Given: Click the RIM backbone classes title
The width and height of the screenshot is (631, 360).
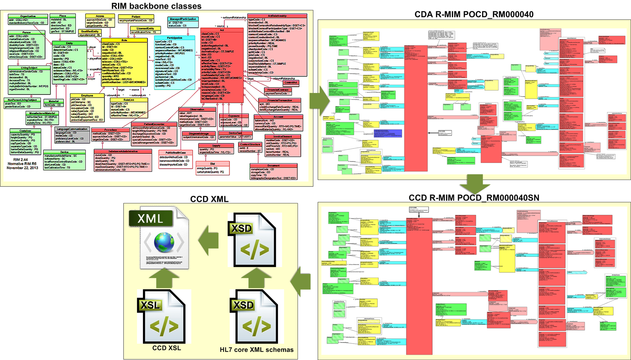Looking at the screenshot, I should coord(156,6).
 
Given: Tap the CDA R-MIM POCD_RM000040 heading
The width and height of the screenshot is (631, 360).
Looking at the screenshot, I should coord(474,14).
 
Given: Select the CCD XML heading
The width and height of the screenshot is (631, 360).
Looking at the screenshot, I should coord(209,199).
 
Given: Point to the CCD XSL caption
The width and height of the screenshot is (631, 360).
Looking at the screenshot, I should coord(166,348).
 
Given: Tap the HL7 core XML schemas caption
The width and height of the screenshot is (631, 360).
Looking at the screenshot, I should coord(256,350).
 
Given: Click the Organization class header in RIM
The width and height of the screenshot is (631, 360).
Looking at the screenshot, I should coord(28,16).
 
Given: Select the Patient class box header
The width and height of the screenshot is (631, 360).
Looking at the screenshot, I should coord(136,17).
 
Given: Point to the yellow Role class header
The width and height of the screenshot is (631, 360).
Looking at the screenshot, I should coord(124,40).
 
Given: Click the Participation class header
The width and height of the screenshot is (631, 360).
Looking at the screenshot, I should coord(175,38).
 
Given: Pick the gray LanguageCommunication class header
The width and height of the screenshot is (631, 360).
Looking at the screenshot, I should coord(72,129).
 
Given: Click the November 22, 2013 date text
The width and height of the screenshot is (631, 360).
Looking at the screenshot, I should coord(22,168).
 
